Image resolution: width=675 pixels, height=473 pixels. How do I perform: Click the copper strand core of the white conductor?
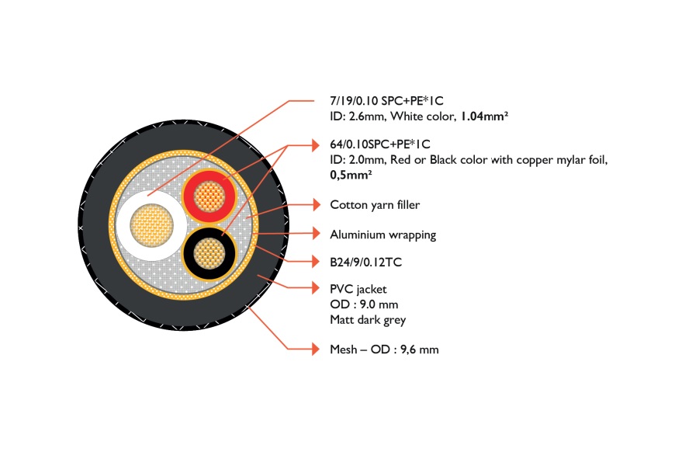click(151, 226)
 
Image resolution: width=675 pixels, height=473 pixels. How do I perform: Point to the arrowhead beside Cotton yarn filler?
click(317, 204)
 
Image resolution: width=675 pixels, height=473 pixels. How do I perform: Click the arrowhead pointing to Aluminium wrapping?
click(317, 234)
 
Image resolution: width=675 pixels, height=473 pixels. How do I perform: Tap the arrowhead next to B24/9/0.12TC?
click(317, 262)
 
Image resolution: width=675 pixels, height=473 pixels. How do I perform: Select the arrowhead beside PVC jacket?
click(317, 288)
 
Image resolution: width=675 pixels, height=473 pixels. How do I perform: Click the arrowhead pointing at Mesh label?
click(317, 349)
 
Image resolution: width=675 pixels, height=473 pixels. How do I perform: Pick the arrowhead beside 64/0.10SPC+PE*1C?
click(317, 145)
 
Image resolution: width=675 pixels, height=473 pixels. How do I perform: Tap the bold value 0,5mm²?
click(351, 175)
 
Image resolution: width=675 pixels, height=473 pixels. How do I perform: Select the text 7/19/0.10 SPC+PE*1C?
click(386, 101)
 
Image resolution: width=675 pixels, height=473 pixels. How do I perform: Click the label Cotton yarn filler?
click(375, 205)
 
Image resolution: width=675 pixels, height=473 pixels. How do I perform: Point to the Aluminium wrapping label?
click(383, 235)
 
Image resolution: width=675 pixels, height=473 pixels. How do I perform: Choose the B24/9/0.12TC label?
click(366, 262)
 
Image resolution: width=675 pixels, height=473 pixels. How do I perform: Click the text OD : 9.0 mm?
click(364, 304)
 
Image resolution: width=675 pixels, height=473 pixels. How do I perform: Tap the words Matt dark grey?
click(368, 320)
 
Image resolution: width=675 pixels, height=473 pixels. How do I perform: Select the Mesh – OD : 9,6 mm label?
click(384, 350)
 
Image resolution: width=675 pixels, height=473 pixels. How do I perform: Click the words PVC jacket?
click(358, 289)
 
